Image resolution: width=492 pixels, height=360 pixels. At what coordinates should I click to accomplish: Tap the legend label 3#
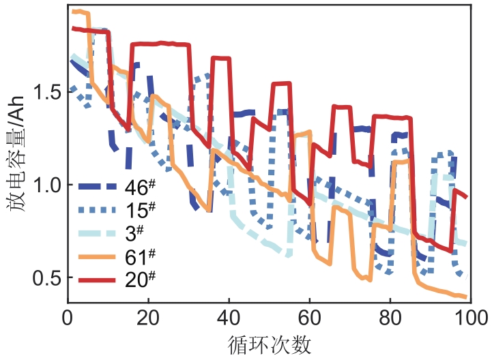click(x=137, y=232)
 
